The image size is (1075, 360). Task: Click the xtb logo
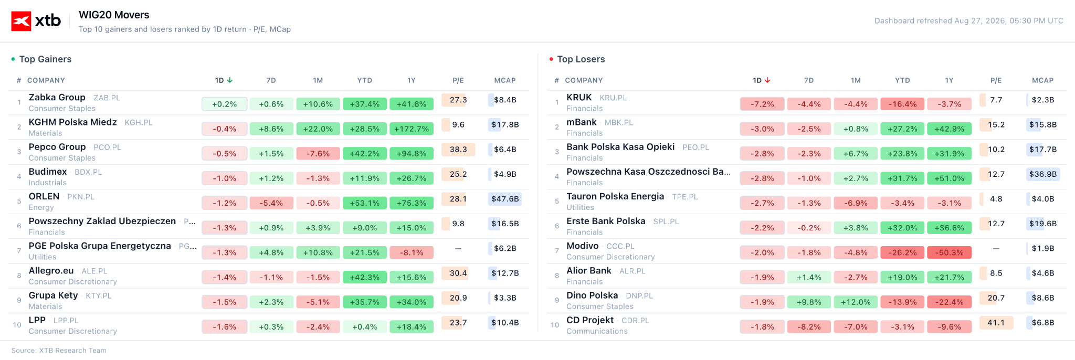pos(36,21)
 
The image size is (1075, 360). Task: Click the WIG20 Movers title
pos(114,15)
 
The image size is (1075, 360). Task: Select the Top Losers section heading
pos(581,59)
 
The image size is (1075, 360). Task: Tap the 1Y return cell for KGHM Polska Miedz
pos(412,129)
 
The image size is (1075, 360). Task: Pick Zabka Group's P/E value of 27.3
pos(458,100)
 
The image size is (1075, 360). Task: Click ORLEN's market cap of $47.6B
pos(505,199)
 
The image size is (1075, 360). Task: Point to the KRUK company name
pos(579,97)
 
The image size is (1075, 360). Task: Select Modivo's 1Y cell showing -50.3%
pos(950,253)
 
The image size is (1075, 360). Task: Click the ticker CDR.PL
pos(635,321)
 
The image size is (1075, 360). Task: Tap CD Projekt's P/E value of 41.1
pos(996,323)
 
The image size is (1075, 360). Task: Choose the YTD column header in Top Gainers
pos(365,80)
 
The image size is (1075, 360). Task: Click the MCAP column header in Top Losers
pos(1042,80)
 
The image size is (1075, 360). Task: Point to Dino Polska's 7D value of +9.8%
pos(809,302)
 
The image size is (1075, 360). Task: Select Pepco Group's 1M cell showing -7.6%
pos(318,154)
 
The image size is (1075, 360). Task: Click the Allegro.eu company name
pos(51,271)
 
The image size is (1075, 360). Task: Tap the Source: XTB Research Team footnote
pos(59,351)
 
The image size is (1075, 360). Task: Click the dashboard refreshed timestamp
pos(969,21)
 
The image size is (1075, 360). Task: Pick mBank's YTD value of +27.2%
pos(902,129)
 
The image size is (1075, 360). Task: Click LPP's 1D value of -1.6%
pos(224,327)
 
